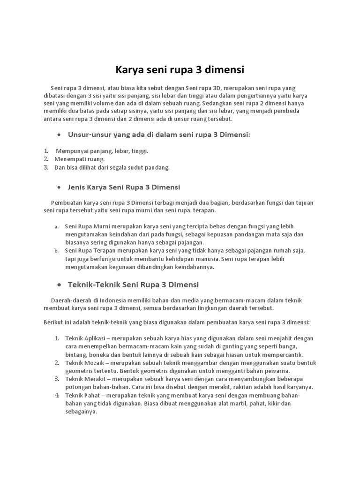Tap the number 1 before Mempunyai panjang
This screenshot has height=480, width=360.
click(x=46, y=151)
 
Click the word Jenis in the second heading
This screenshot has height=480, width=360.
click(x=76, y=187)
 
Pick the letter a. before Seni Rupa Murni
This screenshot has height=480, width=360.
click(x=56, y=226)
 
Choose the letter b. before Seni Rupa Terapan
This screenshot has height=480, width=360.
click(x=56, y=251)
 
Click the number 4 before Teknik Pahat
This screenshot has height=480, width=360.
click(x=56, y=395)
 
